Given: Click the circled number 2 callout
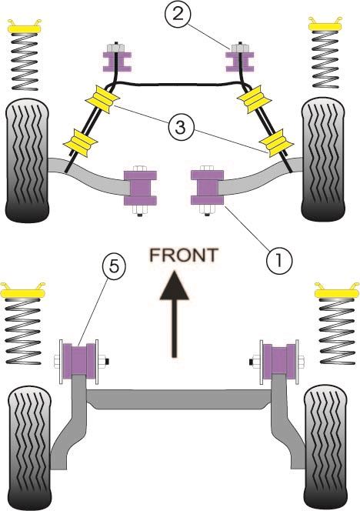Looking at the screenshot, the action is [178, 15].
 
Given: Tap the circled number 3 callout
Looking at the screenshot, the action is [181, 128].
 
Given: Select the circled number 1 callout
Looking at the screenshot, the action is [279, 260].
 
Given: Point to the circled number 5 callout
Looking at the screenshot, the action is [114, 267].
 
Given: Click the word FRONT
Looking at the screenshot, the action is [184, 255].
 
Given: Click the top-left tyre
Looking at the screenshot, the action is [28, 162].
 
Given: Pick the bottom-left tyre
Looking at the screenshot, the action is [29, 448].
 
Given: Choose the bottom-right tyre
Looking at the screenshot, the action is [326, 447].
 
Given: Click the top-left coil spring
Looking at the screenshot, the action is [25, 62].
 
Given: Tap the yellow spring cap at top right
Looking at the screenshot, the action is [325, 24].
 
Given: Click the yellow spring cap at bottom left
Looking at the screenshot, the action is [23, 290].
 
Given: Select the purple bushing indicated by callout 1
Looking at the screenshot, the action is [208, 187].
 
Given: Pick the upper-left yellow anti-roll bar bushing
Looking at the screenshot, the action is [102, 99].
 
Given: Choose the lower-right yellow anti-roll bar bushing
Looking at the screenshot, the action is [277, 142].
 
